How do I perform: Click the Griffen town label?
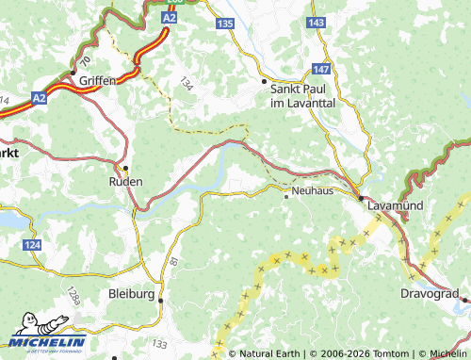[x=98, y=81]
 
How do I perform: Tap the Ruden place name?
[x=126, y=181]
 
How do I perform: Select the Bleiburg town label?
[x=131, y=294]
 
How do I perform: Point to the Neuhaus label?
[x=314, y=190]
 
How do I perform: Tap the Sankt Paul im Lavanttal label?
[x=303, y=95]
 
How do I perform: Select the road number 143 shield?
[x=316, y=22]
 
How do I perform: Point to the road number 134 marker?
[x=185, y=85]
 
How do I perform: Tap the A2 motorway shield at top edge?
[x=169, y=18]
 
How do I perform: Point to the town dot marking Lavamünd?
[x=360, y=197]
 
